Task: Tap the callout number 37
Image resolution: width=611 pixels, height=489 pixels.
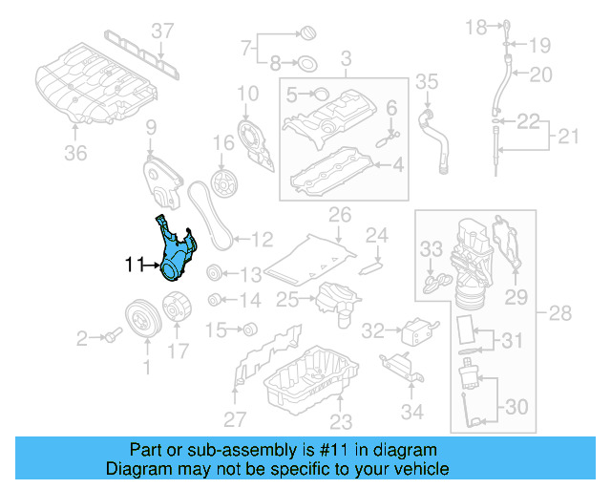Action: [163, 32]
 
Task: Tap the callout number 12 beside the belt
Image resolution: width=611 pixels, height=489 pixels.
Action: [262, 237]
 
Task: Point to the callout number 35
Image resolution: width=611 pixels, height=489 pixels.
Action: [427, 80]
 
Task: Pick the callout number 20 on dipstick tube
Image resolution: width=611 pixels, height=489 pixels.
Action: [541, 73]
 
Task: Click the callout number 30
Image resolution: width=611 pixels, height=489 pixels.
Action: [515, 407]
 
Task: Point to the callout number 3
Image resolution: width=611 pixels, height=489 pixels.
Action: [346, 59]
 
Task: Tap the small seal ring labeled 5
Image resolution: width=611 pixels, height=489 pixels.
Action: [322, 93]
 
